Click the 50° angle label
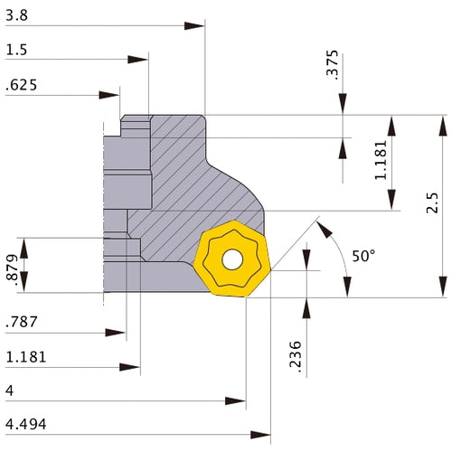[x=363, y=256]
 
